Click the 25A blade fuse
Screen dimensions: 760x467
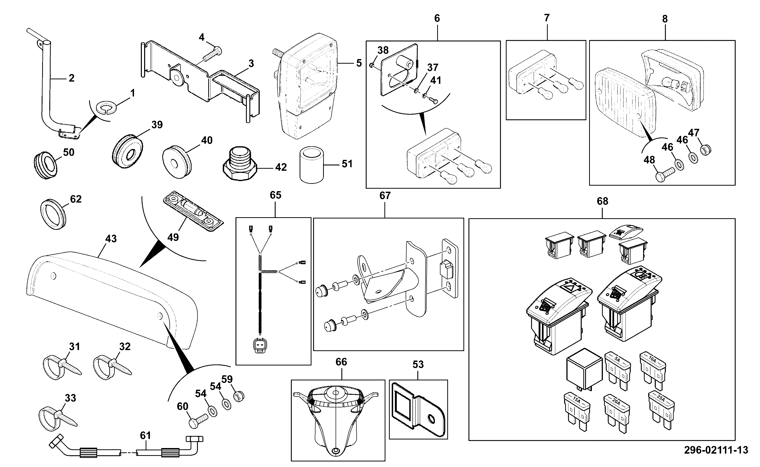[x=661, y=410]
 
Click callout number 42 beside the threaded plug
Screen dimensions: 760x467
[x=281, y=167]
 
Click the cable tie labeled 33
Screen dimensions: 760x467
[x=58, y=419]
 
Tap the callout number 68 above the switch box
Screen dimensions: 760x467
[x=602, y=201]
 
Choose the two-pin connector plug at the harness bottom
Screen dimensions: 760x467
[x=260, y=345]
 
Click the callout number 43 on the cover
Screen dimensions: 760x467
[x=111, y=239]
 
